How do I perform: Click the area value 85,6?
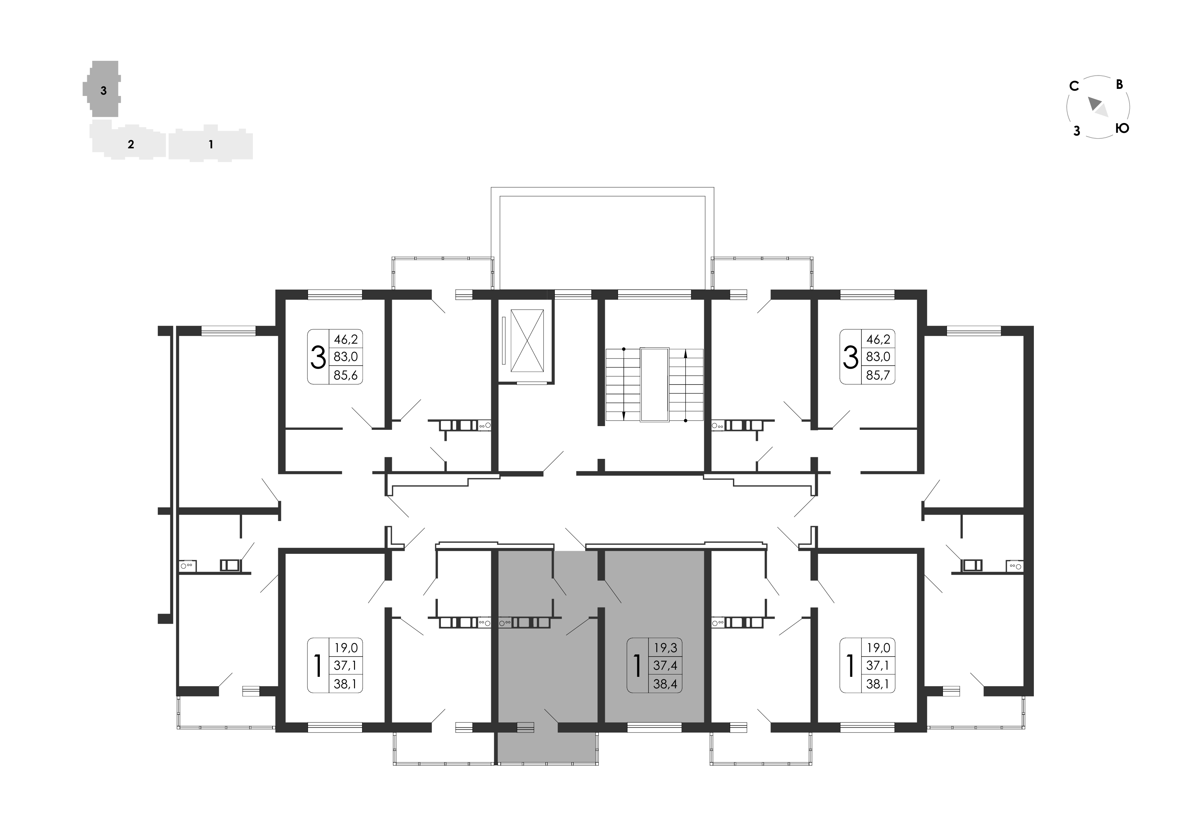pos(346,375)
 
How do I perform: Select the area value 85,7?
pos(878,375)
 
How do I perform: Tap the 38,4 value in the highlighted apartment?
pos(665,685)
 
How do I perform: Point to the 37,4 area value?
pos(665,666)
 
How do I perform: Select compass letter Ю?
pos(1122,128)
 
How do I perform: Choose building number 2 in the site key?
pos(131,145)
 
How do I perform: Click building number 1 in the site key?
pos(211,145)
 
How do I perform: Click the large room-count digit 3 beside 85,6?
pos(318,357)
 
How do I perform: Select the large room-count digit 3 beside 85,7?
pos(850,357)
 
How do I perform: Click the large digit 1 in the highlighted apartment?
pos(637,666)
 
